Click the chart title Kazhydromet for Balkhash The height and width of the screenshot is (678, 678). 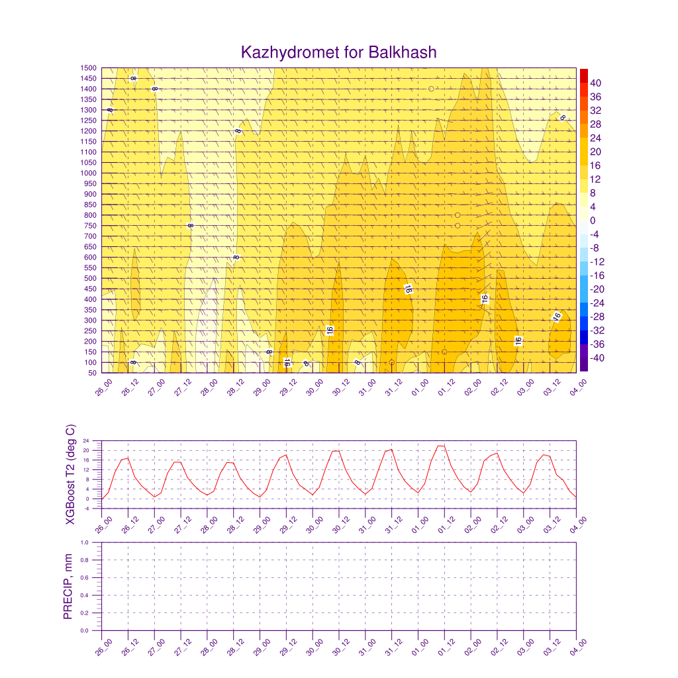pyautogui.click(x=339, y=52)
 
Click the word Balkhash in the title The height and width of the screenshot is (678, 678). pyautogui.click(x=403, y=52)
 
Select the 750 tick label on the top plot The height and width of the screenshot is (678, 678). pyautogui.click(x=89, y=226)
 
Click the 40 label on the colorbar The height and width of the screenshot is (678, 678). pyautogui.click(x=596, y=83)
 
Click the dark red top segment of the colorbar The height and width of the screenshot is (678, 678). pyautogui.click(x=583, y=75)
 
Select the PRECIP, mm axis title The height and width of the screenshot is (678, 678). pyautogui.click(x=68, y=587)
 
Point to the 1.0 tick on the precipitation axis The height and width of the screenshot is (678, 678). pyautogui.click(x=93, y=542)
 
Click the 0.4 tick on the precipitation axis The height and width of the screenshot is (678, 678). pyautogui.click(x=93, y=595)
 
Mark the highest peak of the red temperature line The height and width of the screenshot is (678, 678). pyautogui.click(x=442, y=446)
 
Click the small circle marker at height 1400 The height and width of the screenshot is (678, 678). pyautogui.click(x=431, y=89)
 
